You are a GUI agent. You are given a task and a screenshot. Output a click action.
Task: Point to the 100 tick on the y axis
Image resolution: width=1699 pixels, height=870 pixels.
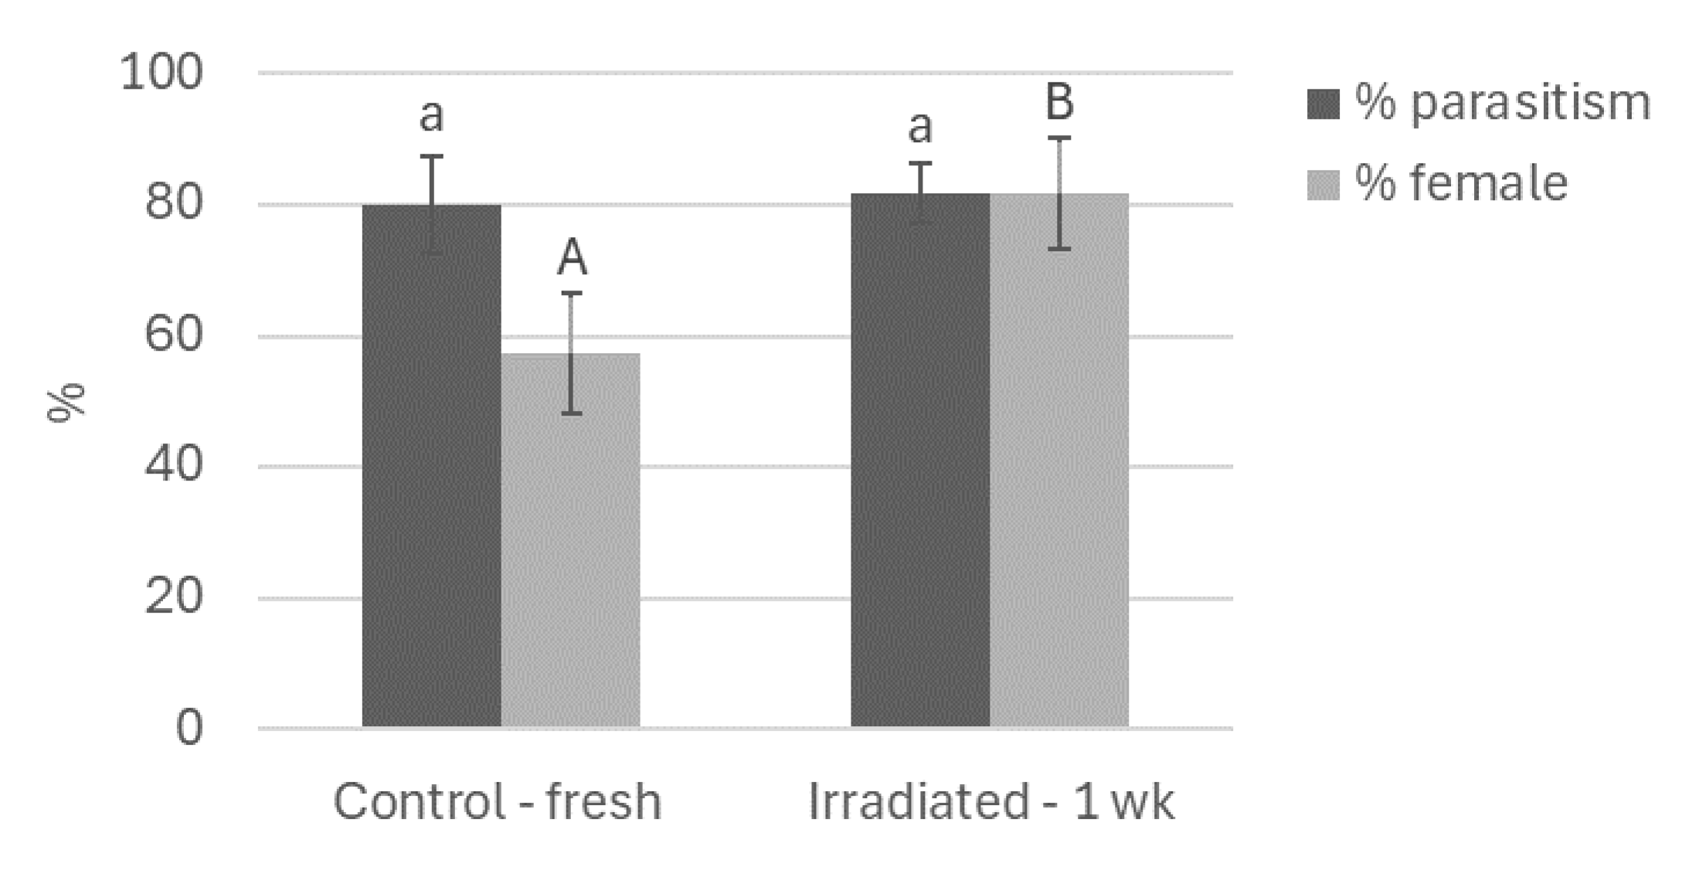[161, 73]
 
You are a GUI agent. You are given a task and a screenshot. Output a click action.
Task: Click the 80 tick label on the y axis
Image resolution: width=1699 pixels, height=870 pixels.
[173, 204]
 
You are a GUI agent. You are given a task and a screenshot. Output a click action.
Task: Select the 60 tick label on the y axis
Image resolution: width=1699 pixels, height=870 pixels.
[173, 335]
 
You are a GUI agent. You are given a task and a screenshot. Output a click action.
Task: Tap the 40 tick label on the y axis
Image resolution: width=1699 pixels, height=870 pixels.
[173, 466]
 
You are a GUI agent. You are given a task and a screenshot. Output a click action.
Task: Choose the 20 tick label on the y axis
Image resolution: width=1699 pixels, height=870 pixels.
[173, 597]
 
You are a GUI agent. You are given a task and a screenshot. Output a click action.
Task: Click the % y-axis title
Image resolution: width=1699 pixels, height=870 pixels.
[66, 402]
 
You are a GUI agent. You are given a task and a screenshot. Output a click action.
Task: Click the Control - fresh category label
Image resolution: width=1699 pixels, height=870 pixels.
[497, 802]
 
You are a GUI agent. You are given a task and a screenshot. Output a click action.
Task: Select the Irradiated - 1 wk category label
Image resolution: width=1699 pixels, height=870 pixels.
[991, 802]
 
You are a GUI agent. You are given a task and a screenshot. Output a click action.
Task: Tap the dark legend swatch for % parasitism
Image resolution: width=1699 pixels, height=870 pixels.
[1323, 104]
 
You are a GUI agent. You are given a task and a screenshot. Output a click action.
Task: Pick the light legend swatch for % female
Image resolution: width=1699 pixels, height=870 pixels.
[1323, 185]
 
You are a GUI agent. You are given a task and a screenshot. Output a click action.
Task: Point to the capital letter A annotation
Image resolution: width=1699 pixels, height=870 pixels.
[572, 258]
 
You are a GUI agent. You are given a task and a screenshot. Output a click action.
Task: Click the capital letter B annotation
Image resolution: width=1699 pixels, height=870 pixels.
[1059, 102]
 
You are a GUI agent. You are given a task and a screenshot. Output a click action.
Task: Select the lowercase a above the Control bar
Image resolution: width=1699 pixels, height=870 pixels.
[431, 116]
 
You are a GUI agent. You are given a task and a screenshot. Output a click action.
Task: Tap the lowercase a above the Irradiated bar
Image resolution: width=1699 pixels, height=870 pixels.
[919, 127]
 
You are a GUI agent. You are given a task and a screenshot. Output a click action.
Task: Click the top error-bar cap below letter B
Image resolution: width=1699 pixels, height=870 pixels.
[1058, 138]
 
